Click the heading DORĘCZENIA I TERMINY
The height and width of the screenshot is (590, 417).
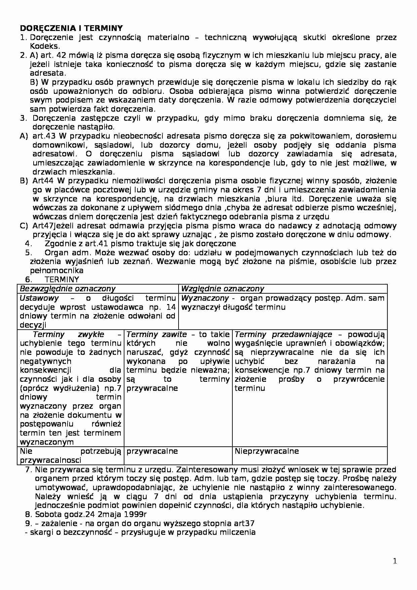[x=71, y=28]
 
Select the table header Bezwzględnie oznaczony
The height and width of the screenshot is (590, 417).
[x=68, y=289]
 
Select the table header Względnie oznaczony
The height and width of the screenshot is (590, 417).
[x=223, y=289]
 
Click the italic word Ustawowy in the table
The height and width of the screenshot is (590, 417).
[x=39, y=298]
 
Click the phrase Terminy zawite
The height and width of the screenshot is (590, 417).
[x=157, y=334]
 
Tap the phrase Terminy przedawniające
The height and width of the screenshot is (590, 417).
[x=283, y=334]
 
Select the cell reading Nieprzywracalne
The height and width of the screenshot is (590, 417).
[x=267, y=451]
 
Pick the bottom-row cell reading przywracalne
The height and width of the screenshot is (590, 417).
[x=152, y=451]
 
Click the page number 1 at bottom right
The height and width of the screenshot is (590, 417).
[x=395, y=561]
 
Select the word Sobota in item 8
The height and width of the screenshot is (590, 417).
[x=47, y=514]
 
